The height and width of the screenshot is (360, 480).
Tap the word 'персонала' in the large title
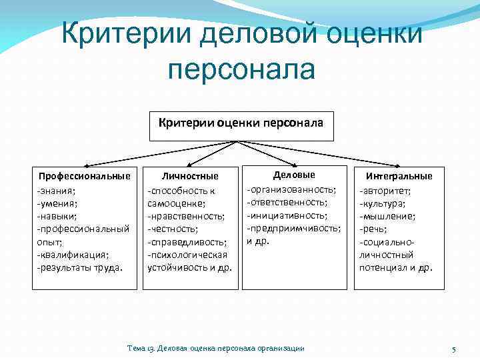tap(241, 69)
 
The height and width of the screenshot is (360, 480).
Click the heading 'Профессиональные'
tap(84, 176)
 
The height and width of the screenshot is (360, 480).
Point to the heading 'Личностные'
tap(191, 177)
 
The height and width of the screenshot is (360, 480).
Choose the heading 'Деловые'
tap(294, 175)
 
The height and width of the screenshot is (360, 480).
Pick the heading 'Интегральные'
tap(399, 176)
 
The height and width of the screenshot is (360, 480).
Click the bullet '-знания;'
tap(56, 190)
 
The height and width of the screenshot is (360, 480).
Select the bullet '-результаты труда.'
tap(79, 267)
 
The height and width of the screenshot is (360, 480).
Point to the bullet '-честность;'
tap(171, 229)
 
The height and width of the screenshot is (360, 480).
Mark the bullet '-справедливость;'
tap(187, 241)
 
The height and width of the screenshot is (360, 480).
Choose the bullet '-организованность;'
tap(291, 189)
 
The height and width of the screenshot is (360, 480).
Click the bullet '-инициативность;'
tap(287, 215)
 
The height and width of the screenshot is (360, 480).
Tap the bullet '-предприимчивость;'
tap(294, 228)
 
